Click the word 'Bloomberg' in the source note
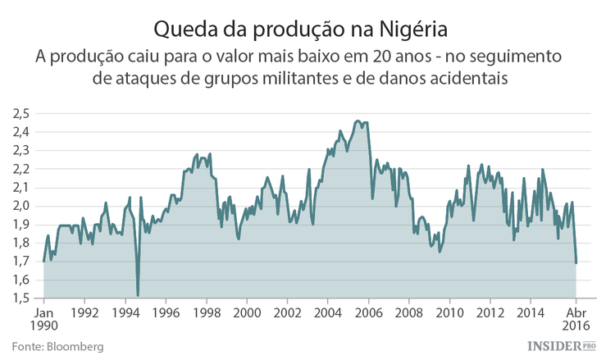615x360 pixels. click(x=76, y=347)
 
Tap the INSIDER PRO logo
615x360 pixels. click(x=559, y=347)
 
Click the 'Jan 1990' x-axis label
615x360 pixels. click(x=44, y=319)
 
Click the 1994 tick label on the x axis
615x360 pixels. click(x=125, y=312)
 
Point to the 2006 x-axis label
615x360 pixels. click(x=369, y=312)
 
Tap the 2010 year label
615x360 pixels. click(x=450, y=312)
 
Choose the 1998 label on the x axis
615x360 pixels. click(x=207, y=312)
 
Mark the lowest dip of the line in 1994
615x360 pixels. click(x=138, y=295)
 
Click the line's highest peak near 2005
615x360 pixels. click(x=358, y=121)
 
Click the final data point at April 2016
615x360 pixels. click(x=576, y=262)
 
